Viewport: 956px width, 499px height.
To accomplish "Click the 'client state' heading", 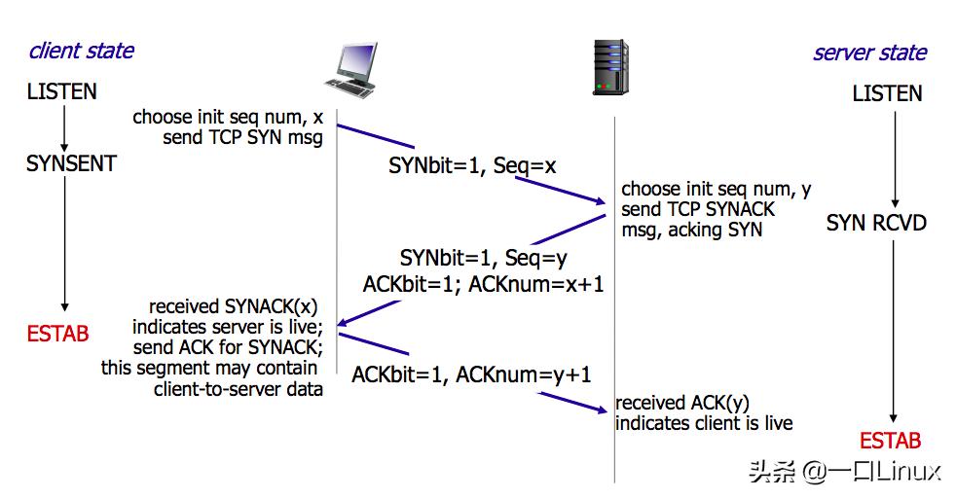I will click(82, 51).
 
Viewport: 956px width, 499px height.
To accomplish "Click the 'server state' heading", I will click(869, 53).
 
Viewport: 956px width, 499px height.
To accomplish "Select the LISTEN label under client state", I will click(62, 92).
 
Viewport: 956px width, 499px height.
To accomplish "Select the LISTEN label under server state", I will click(887, 94).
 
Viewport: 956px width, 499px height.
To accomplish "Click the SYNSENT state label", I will click(71, 163).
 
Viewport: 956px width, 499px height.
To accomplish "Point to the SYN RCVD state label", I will click(876, 223).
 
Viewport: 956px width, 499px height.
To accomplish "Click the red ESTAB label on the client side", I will click(58, 334).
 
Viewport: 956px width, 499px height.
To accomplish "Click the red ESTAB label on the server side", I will click(890, 441).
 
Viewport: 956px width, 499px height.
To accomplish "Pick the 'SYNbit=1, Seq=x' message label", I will click(472, 166).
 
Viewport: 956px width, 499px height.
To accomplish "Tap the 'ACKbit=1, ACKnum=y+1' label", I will click(471, 374).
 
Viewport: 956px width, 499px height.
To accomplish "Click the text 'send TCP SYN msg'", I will click(242, 137).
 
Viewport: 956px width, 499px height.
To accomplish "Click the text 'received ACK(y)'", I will click(682, 403).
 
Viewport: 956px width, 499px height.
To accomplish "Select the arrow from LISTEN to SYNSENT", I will click(63, 126).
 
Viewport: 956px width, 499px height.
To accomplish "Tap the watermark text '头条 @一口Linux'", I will click(844, 473).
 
